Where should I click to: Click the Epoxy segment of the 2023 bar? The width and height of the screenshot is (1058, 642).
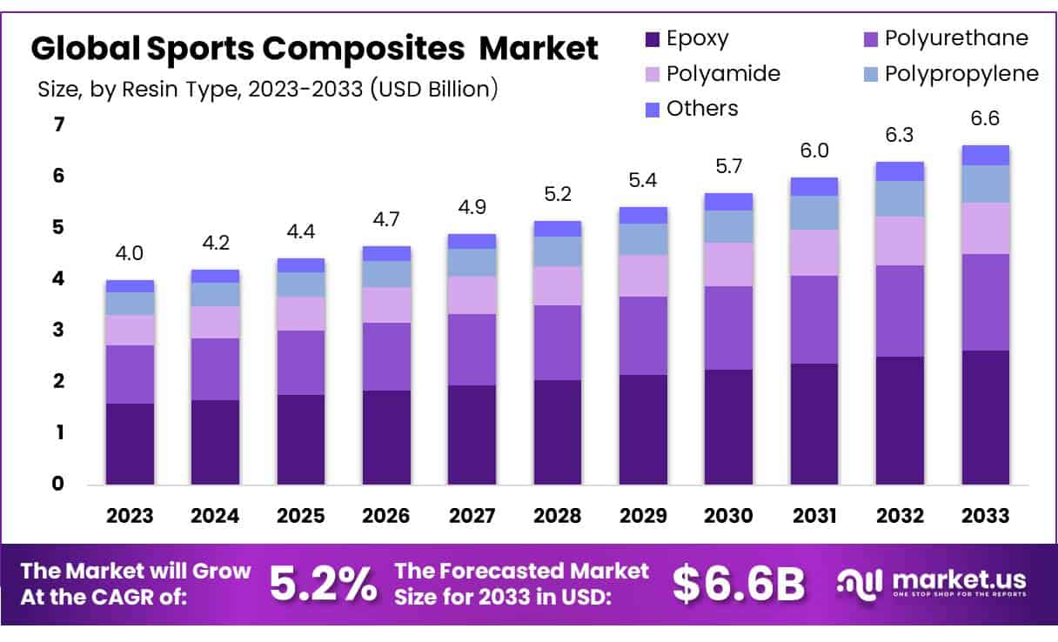(x=130, y=444)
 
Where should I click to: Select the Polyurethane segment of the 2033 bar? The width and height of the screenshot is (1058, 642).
(x=986, y=302)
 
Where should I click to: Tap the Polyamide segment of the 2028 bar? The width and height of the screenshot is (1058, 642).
(x=558, y=285)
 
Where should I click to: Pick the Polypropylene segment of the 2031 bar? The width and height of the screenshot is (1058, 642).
(x=814, y=212)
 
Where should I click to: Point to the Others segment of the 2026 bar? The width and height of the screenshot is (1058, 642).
(x=386, y=253)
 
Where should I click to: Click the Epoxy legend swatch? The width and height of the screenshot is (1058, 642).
(x=653, y=39)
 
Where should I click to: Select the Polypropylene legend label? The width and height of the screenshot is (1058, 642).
(x=961, y=74)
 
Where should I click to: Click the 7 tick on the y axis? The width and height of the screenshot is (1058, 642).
(x=59, y=125)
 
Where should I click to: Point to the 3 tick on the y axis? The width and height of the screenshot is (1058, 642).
(x=59, y=331)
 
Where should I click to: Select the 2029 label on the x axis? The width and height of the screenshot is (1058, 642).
(x=643, y=516)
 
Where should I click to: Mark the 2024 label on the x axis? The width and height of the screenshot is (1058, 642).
(x=215, y=516)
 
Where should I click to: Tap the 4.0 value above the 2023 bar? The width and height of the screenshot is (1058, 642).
(x=130, y=254)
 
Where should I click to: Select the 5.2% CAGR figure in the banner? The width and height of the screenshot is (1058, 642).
(x=323, y=585)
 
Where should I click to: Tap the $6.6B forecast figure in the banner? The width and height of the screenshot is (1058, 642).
(x=739, y=585)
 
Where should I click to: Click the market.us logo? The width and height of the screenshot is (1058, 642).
(x=931, y=583)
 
